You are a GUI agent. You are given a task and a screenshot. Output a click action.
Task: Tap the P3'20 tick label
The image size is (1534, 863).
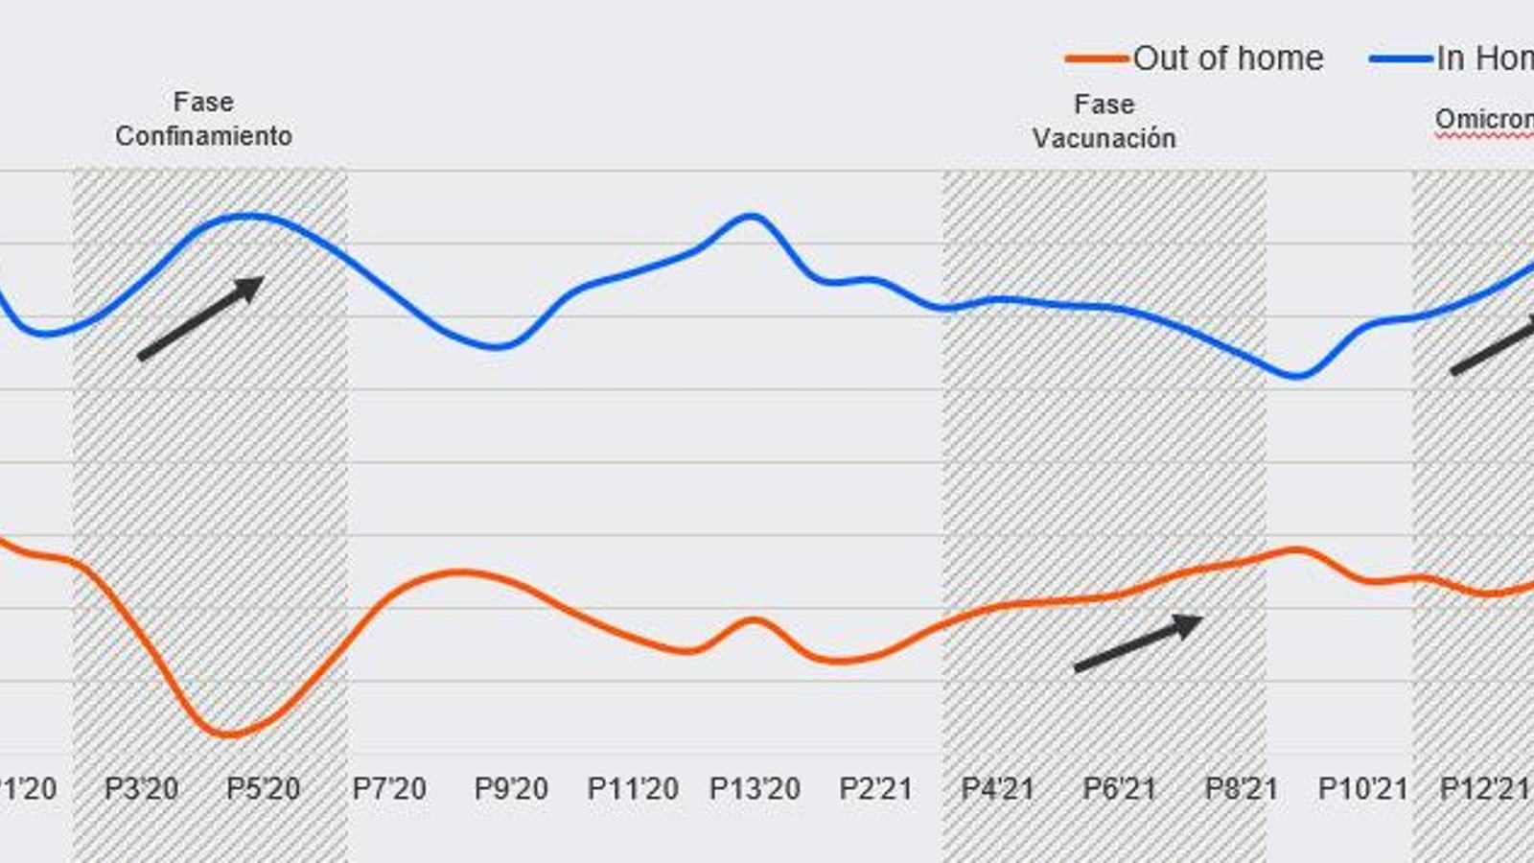(x=141, y=789)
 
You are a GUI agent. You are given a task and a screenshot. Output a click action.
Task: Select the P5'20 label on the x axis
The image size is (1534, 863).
(x=263, y=789)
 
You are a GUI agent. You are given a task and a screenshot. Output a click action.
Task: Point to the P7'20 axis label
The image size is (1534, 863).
(x=389, y=789)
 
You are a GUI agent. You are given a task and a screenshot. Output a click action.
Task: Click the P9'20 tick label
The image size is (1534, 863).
(x=511, y=789)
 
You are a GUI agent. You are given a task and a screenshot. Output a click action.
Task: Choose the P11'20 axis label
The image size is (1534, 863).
(x=633, y=789)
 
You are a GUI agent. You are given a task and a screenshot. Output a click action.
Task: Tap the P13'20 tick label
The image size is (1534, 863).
(x=755, y=789)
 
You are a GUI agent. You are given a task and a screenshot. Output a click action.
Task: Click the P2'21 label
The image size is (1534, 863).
(x=876, y=789)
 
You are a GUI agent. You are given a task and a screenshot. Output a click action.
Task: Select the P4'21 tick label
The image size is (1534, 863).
(x=998, y=789)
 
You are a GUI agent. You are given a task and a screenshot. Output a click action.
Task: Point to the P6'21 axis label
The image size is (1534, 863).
(x=1120, y=789)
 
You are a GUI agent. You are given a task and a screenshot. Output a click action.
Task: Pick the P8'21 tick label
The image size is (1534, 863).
(x=1242, y=789)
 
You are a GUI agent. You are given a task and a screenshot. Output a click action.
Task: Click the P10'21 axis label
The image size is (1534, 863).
(x=1363, y=789)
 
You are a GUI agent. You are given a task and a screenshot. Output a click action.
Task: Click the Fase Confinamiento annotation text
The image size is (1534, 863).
(x=203, y=119)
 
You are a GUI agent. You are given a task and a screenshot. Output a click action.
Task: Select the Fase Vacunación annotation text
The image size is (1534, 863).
(x=1104, y=122)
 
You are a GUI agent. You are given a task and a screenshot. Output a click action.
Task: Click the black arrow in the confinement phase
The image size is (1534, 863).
(x=201, y=318)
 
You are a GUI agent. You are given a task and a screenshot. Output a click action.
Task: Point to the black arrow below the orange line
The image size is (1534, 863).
(x=1138, y=642)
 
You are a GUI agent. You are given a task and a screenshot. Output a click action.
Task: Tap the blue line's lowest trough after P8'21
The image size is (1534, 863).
(x=1296, y=376)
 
